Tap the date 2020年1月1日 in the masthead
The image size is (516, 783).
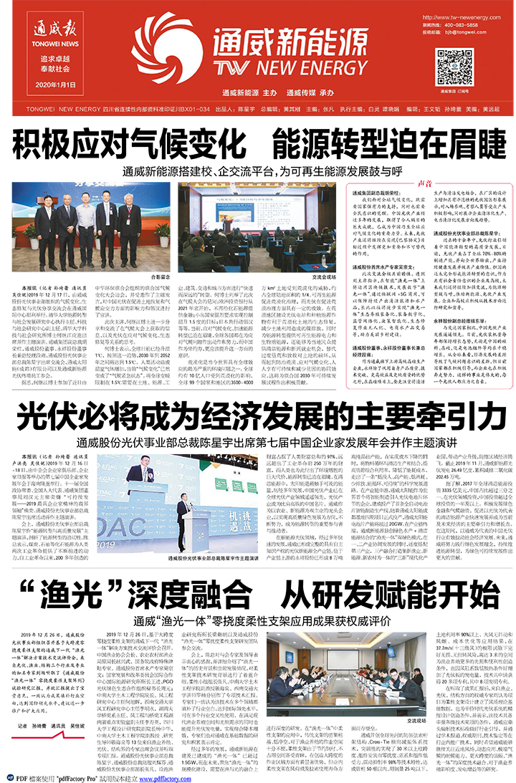coord(44,85)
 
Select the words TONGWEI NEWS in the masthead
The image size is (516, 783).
coord(44,42)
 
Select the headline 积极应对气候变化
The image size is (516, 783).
coord(135,146)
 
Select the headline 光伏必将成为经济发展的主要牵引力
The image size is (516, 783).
coord(257,421)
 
